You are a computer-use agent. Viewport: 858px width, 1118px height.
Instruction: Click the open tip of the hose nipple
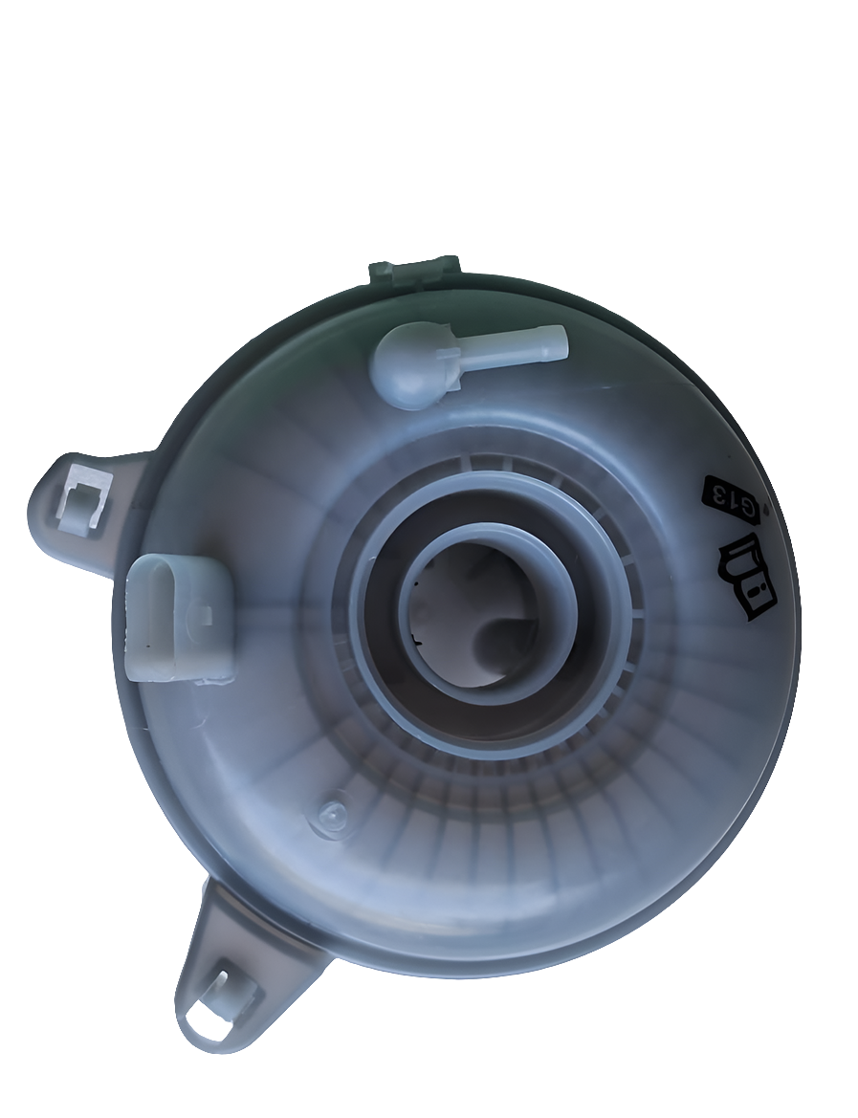(x=561, y=341)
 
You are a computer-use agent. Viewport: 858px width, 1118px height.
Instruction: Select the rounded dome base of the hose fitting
(x=407, y=369)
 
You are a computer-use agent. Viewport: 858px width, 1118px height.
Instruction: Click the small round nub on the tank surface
(x=331, y=816)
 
